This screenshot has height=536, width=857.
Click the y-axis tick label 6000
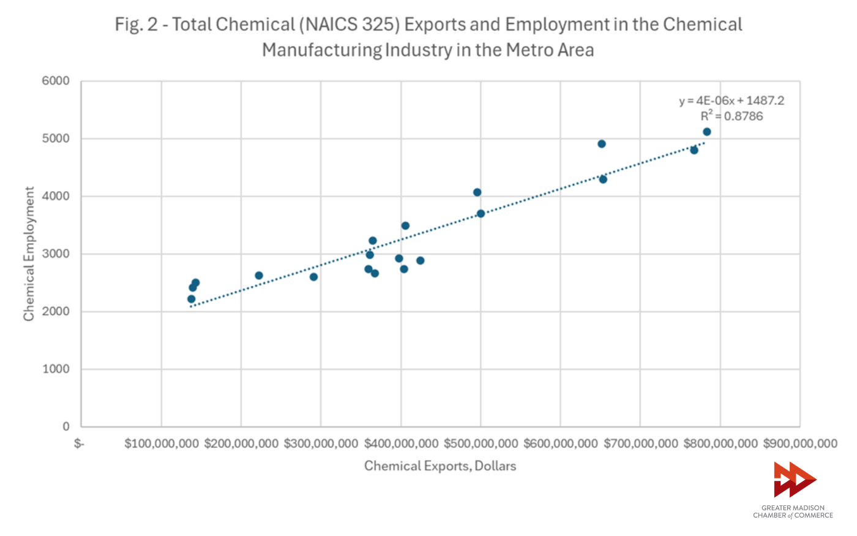tap(56, 81)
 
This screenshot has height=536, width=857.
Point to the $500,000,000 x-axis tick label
tap(481, 444)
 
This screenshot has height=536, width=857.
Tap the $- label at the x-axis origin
tap(79, 444)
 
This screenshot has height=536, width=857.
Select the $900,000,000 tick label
tap(799, 444)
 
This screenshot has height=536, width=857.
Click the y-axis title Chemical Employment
tap(29, 254)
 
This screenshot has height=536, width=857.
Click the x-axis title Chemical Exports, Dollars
tap(440, 466)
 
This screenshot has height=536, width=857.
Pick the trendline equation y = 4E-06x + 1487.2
tap(731, 101)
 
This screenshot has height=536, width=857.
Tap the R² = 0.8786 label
tap(732, 116)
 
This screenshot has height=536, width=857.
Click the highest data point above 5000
tap(707, 132)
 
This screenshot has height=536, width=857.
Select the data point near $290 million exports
tap(313, 277)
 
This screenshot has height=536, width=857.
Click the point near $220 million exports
tap(259, 276)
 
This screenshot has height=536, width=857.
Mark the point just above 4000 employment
tap(477, 192)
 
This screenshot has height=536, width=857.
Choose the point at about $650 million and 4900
tap(602, 144)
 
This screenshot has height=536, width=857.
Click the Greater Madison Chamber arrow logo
tap(794, 479)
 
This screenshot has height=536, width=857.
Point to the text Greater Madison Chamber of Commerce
tap(793, 511)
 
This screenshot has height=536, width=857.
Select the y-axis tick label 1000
tap(56, 369)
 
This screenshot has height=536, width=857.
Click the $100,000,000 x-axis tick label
tap(162, 444)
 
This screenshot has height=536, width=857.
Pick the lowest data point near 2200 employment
tap(191, 299)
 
